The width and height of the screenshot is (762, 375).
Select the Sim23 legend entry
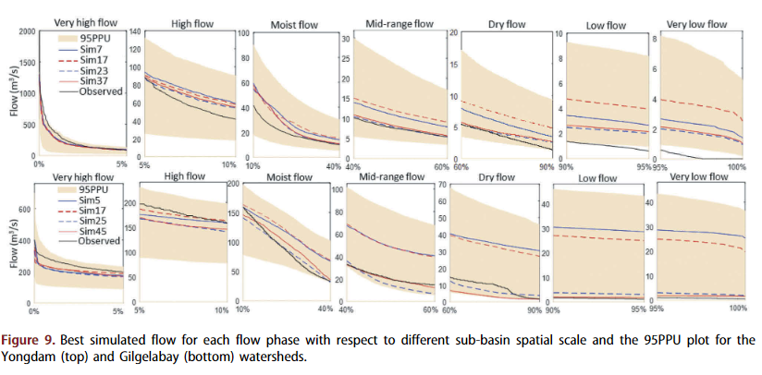[x=93, y=70]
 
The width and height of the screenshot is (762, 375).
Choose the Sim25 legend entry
[x=93, y=220]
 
